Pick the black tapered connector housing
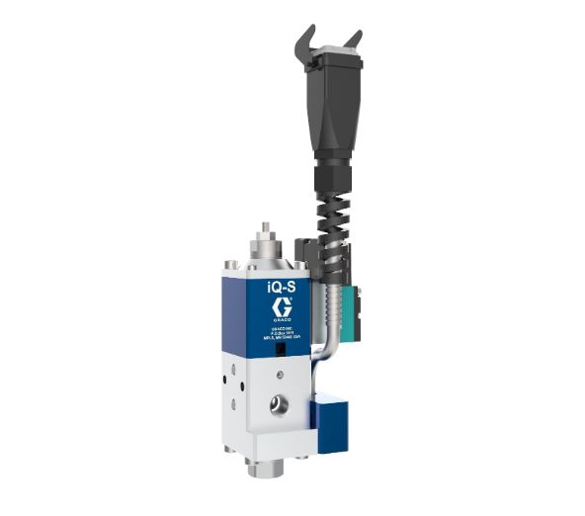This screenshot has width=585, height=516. click(x=327, y=109)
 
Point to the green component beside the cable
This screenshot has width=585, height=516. click(x=347, y=298)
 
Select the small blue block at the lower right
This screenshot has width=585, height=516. click(x=331, y=420)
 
